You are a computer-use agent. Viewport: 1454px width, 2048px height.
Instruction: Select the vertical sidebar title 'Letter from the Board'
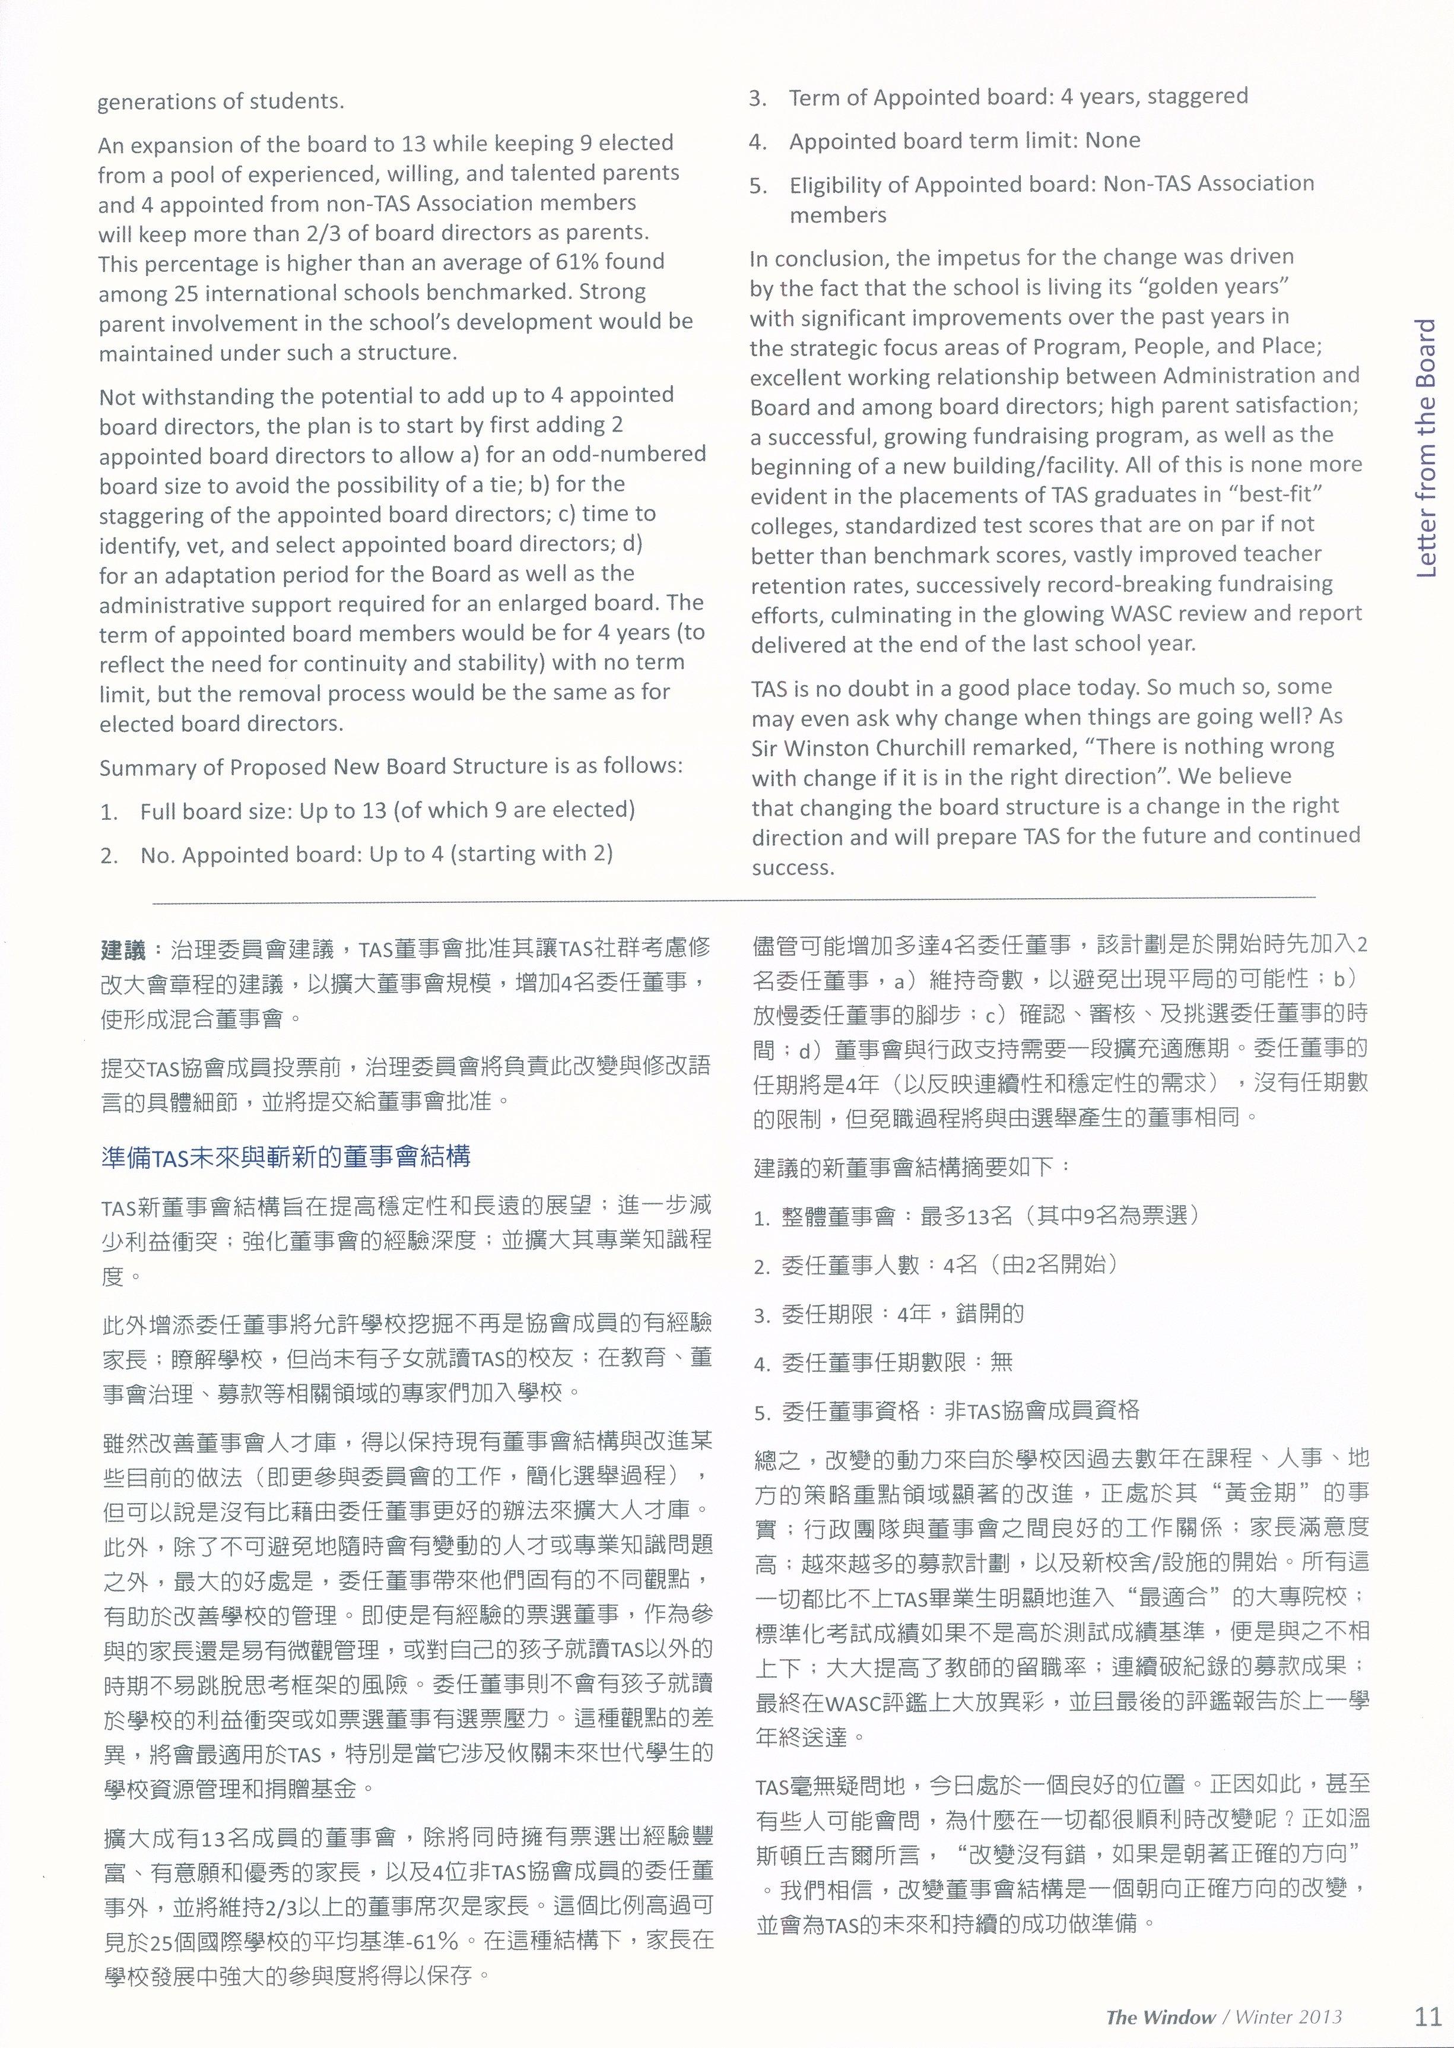coord(1426,448)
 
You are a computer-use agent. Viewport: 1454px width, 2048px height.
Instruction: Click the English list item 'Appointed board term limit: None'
coord(964,141)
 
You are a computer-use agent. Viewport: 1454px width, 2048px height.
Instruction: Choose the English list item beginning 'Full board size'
coord(387,810)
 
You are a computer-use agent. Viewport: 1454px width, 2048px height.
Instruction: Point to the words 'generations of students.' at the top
coord(220,101)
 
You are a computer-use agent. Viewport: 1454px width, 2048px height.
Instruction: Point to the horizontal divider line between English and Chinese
coord(734,896)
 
